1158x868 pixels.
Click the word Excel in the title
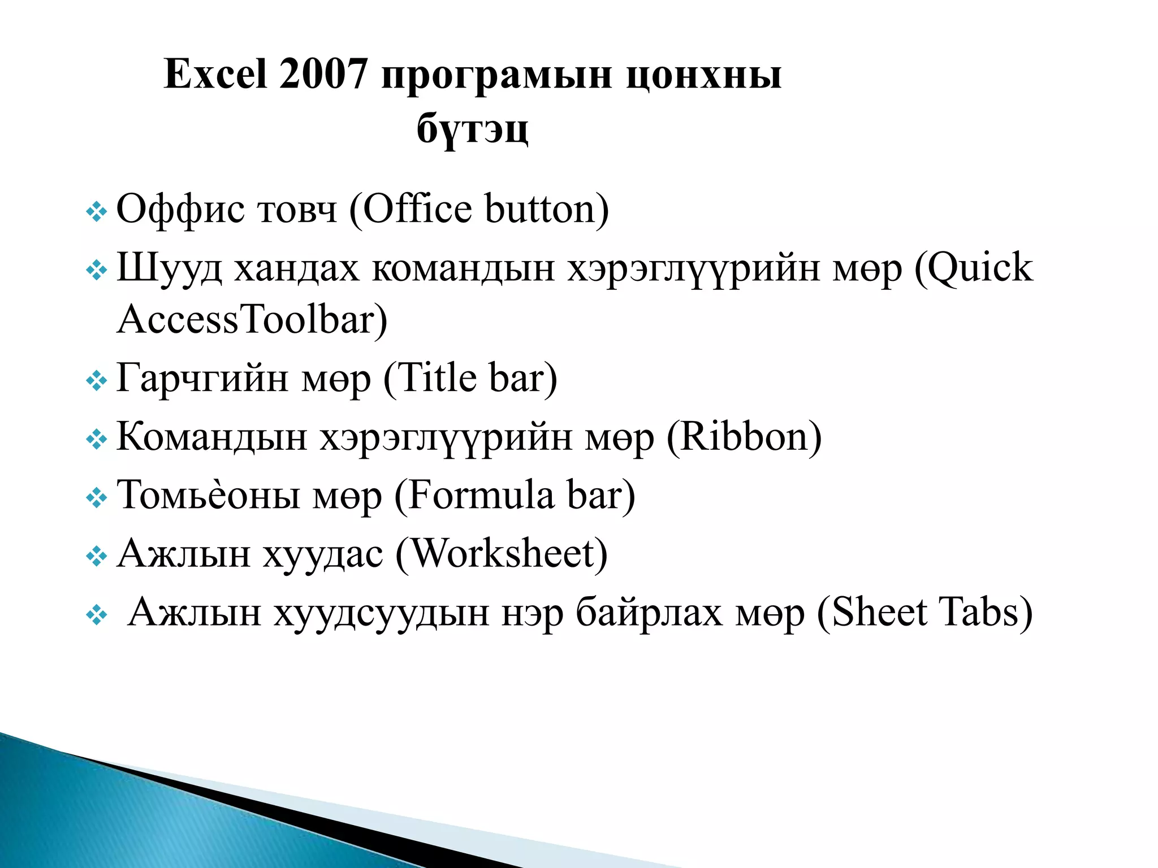[215, 75]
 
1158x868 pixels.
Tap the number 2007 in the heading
[323, 75]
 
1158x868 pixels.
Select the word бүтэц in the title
[473, 129]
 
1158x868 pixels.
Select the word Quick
[980, 268]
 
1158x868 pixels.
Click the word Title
[438, 378]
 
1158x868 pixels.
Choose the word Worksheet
[502, 554]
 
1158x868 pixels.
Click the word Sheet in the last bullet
[879, 613]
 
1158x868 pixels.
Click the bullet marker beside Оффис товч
[96, 212]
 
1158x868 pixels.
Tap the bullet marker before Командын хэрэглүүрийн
[96, 440]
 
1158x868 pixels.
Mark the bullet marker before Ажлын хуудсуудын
[96, 615]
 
